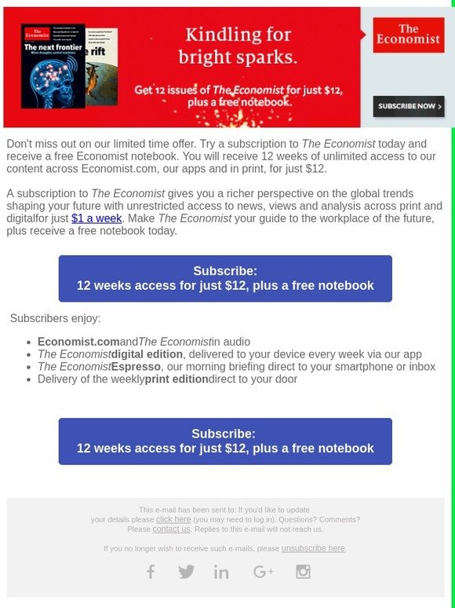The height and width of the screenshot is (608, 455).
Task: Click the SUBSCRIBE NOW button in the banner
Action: [x=403, y=106]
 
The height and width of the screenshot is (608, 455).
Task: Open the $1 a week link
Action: [x=96, y=218]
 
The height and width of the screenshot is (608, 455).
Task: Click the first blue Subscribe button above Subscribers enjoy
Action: [x=225, y=278]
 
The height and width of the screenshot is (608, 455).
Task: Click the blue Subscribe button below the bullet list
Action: [x=225, y=441]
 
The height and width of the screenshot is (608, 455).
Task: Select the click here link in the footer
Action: [x=173, y=519]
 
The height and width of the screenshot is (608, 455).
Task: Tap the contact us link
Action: [x=171, y=529]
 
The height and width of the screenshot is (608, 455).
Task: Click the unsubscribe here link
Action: [x=313, y=548]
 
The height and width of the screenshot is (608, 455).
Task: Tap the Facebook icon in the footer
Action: [x=151, y=572]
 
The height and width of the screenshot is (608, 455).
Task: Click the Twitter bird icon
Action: [x=186, y=572]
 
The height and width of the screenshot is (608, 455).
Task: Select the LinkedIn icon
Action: [x=221, y=572]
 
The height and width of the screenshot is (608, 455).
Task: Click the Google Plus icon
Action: [x=263, y=572]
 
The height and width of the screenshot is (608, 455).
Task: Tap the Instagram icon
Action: [x=303, y=572]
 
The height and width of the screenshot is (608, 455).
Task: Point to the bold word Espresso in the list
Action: [x=136, y=367]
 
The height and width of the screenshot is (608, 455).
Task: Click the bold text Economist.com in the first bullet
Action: [x=78, y=342]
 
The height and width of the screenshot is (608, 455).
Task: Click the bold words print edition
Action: [x=177, y=379]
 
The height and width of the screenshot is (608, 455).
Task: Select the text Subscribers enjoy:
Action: [x=55, y=318]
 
